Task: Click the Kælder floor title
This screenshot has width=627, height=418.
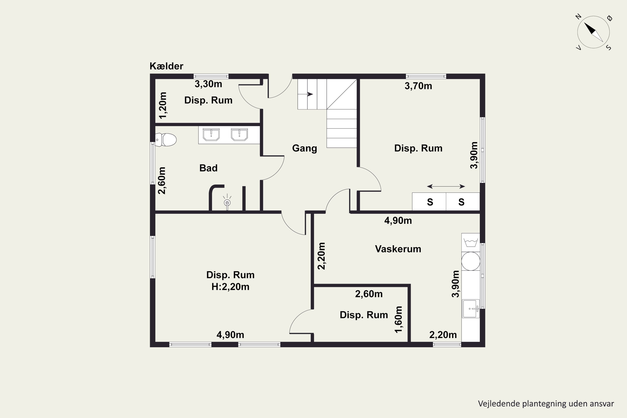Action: click(166, 66)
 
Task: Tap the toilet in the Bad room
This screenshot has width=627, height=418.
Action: click(166, 140)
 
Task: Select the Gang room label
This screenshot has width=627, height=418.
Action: click(305, 148)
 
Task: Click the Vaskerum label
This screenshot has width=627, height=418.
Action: click(398, 249)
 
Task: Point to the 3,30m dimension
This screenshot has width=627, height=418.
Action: click(208, 84)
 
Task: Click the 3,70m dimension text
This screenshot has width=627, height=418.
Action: click(418, 86)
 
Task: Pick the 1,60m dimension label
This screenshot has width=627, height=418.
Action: click(398, 320)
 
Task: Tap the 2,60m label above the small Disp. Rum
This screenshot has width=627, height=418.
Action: click(369, 294)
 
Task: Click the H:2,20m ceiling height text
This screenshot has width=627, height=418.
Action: click(230, 287)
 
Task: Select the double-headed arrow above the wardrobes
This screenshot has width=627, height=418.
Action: click(446, 186)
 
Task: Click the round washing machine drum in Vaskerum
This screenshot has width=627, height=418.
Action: click(471, 261)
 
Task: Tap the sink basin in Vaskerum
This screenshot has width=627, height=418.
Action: click(471, 309)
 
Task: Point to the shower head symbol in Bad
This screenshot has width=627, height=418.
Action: click(227, 202)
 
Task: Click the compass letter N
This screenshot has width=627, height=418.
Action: click(578, 17)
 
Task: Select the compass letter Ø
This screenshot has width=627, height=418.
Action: click(609, 18)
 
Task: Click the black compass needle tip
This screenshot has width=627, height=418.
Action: click(584, 23)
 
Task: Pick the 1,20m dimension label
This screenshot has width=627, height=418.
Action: click(163, 105)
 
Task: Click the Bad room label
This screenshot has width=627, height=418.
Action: click(208, 168)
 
